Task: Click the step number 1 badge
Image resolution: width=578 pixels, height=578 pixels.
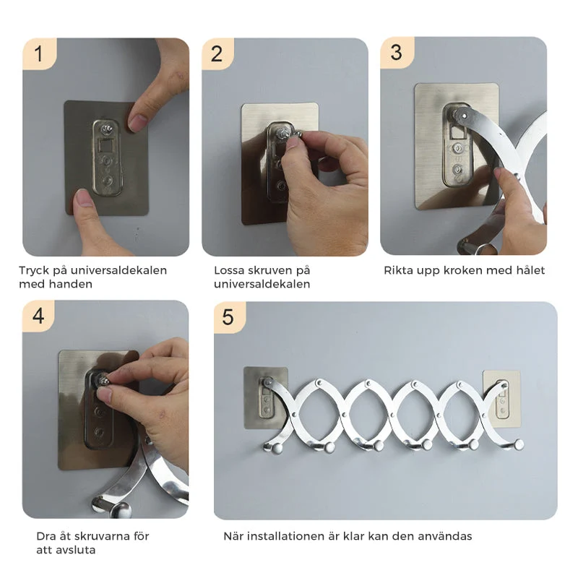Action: click(x=39, y=53)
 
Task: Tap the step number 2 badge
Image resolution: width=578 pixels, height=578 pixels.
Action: click(x=217, y=53)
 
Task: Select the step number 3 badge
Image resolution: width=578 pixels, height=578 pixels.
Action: click(x=397, y=52)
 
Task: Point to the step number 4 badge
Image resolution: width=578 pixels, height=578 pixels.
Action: click(x=38, y=316)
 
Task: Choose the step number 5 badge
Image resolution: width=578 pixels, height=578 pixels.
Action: click(x=229, y=317)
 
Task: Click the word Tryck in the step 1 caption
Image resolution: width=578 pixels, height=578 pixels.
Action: click(x=34, y=271)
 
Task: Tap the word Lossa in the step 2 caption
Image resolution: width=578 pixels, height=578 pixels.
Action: click(x=229, y=270)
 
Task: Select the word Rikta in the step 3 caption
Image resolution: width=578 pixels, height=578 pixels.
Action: click(x=399, y=270)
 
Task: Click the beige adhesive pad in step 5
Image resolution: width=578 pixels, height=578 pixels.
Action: click(x=501, y=399)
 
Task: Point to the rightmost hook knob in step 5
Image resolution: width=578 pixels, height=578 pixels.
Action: click(x=519, y=444)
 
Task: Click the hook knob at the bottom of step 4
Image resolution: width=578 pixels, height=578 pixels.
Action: click(x=121, y=509)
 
